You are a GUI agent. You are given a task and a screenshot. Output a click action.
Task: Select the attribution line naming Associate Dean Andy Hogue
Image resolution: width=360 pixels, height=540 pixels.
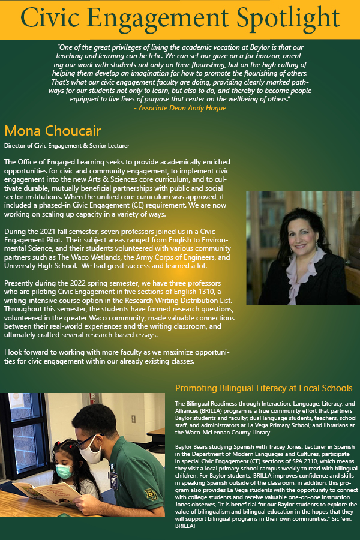pyautogui.click(x=179, y=108)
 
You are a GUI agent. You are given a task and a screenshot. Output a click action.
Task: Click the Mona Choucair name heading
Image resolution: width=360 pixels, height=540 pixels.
pyautogui.click(x=53, y=131)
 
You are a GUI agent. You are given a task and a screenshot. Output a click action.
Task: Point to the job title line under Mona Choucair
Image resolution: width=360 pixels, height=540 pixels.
pyautogui.click(x=67, y=146)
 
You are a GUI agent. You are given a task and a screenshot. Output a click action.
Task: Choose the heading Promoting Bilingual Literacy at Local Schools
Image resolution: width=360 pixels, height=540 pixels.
pyautogui.click(x=263, y=388)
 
